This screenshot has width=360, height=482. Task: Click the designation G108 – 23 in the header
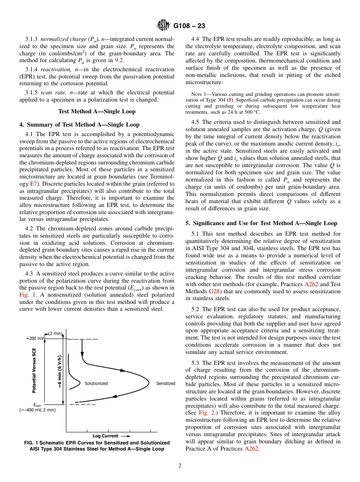(x=189, y=26)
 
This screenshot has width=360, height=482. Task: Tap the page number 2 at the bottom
(x=180, y=466)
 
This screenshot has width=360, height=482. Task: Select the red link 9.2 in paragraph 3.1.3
(x=119, y=60)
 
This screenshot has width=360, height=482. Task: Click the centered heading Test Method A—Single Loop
(x=97, y=111)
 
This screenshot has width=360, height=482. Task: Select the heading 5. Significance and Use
(x=261, y=223)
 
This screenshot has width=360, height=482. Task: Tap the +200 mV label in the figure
(x=35, y=338)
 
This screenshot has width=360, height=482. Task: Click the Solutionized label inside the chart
(x=96, y=383)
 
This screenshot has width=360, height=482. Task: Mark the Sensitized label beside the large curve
(x=166, y=383)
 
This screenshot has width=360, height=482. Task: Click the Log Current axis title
(x=105, y=436)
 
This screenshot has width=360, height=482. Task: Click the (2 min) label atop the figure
(x=55, y=333)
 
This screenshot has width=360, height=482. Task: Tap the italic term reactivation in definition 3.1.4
(x=55, y=69)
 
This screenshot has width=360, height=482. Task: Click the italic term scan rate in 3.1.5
(x=53, y=92)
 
